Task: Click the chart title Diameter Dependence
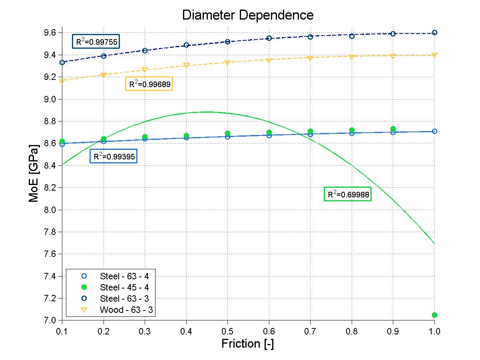248,15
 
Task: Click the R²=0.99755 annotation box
96,42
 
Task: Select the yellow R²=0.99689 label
149,84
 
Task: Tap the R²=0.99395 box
114,156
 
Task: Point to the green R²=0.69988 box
348,195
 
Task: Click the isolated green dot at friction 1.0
434,315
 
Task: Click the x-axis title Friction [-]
247,344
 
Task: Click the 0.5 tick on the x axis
227,331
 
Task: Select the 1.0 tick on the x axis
434,331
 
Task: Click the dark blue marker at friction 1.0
434,32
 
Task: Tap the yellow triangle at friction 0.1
62,82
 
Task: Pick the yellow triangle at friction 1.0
434,55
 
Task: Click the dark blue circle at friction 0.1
62,62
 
